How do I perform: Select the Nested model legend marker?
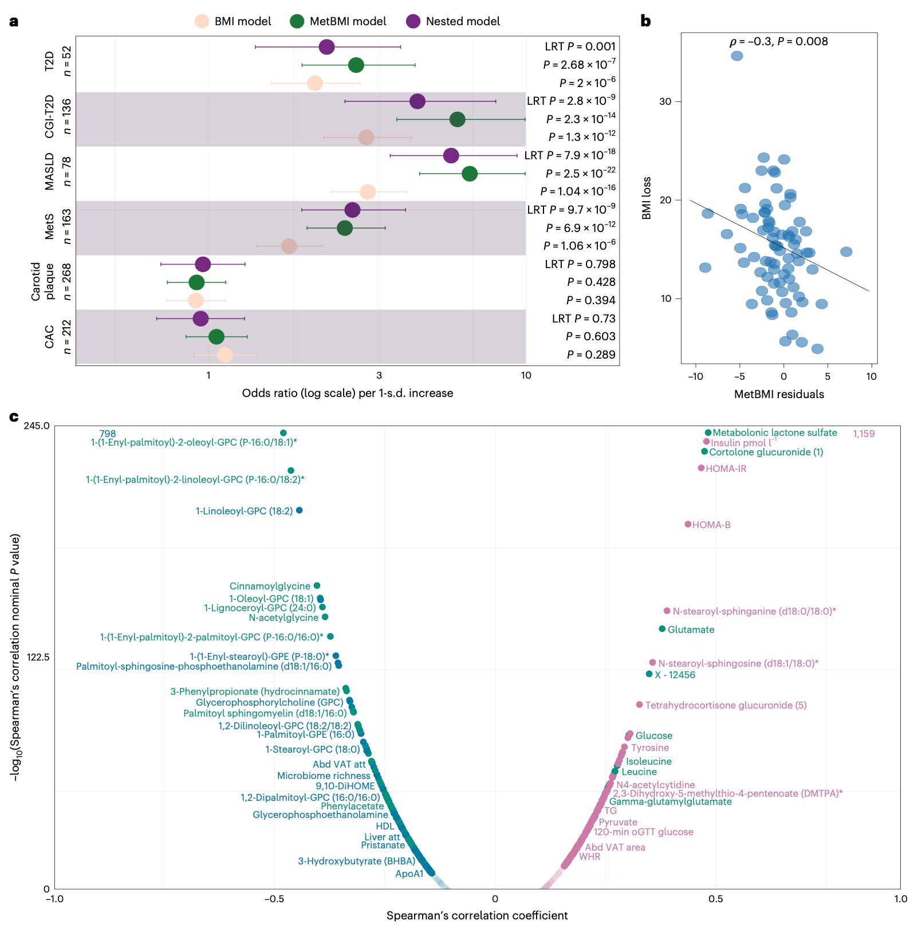click(413, 22)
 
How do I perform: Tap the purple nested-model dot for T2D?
click(326, 47)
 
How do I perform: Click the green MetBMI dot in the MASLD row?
click(470, 174)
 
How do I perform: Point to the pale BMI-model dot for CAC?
click(225, 355)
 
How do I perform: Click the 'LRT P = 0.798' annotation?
click(580, 264)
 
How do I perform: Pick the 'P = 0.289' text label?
click(591, 355)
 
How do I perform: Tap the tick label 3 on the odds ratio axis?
click(379, 376)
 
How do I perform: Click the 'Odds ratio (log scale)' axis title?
click(348, 394)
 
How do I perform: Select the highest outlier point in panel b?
click(737, 56)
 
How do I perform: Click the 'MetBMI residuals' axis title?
click(779, 394)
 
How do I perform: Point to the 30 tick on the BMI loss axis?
click(665, 101)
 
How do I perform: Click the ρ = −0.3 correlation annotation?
click(778, 41)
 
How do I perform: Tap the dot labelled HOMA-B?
click(688, 524)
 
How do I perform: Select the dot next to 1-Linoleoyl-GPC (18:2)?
click(299, 510)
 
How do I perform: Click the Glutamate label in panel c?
click(691, 630)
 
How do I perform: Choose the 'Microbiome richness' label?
click(324, 776)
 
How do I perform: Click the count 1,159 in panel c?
click(864, 434)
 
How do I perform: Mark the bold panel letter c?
click(14, 416)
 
